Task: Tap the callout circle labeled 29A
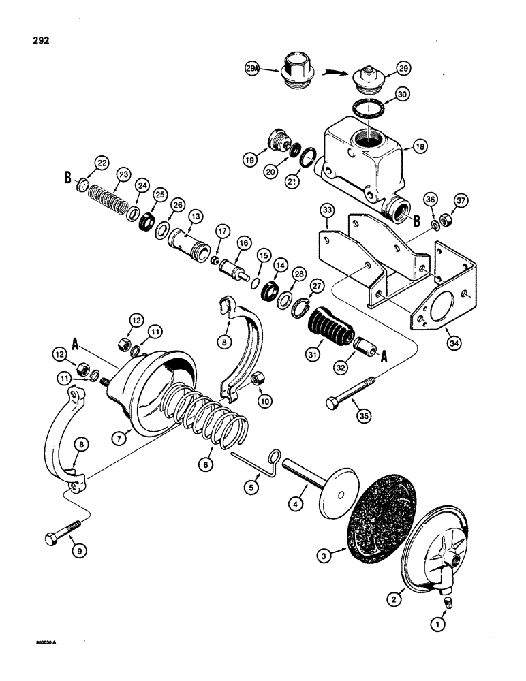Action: (x=253, y=68)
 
